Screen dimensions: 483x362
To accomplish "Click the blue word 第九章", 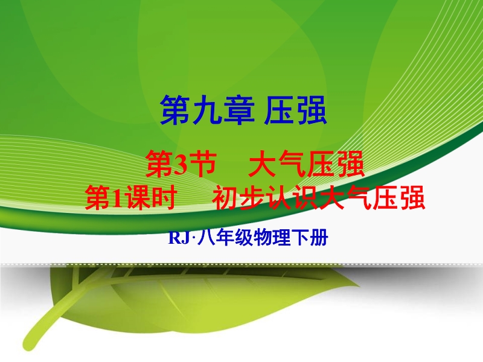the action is pos(207,110).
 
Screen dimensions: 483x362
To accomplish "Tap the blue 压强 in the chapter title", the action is pos(295,110).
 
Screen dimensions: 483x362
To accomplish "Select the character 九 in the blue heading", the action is pos(207,110).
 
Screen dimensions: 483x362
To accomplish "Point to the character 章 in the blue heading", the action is pos(238,110).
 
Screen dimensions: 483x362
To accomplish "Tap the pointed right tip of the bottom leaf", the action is pos(359,285).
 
